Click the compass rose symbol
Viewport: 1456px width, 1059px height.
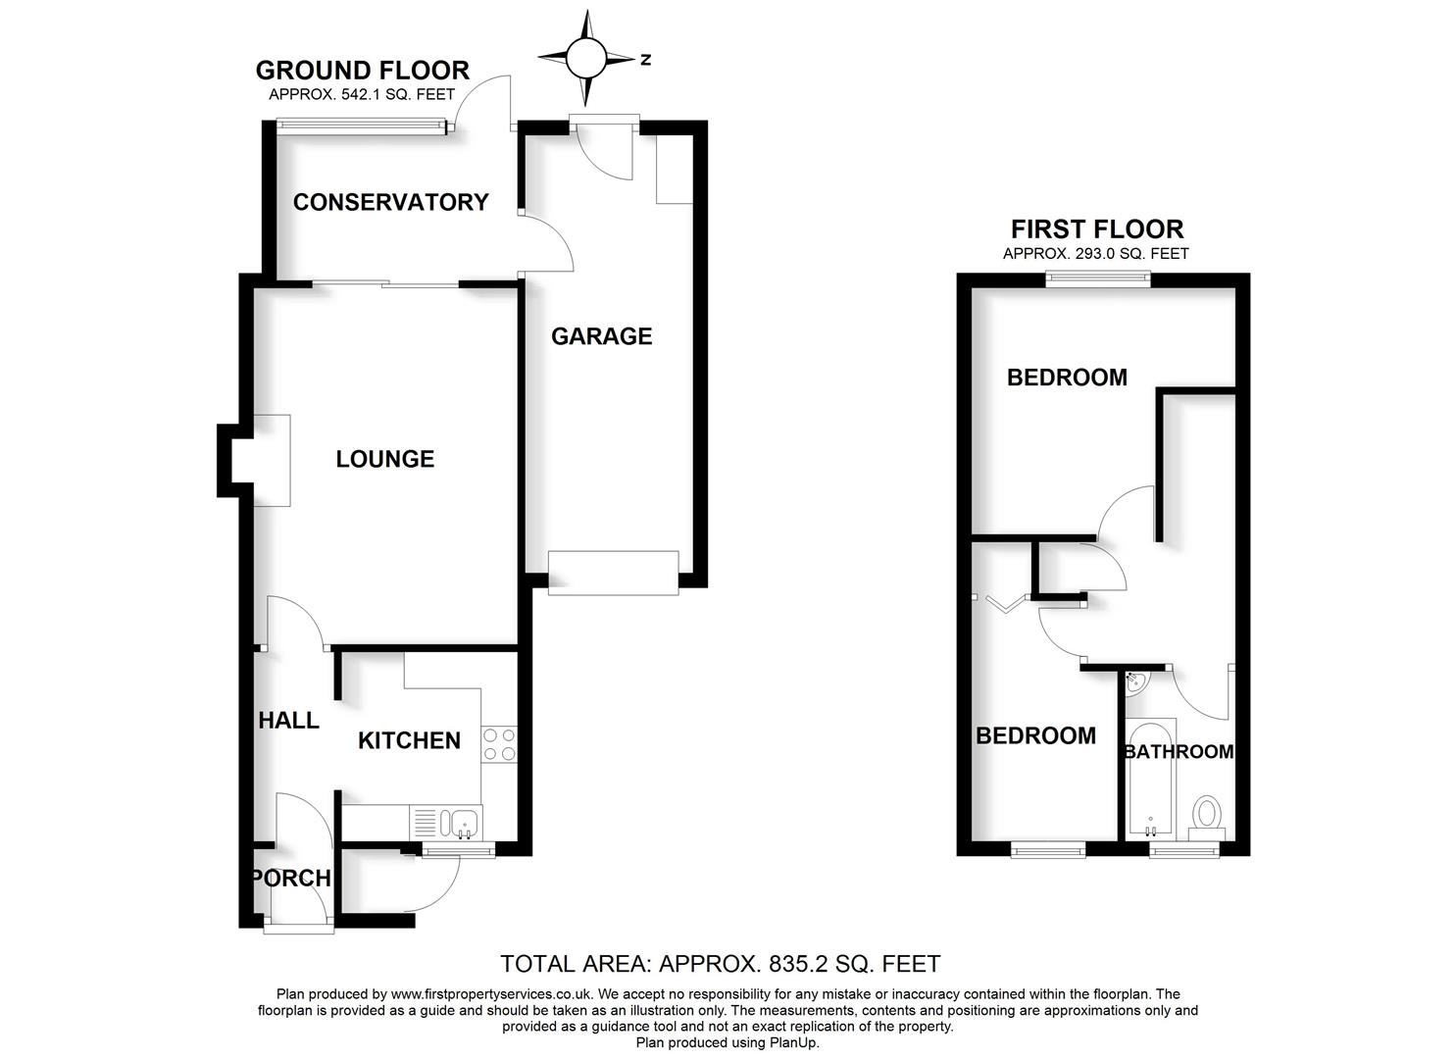tap(586, 58)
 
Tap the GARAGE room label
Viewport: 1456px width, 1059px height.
tap(601, 336)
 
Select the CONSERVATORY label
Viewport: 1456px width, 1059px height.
tap(390, 202)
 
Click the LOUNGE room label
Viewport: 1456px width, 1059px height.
tap(384, 459)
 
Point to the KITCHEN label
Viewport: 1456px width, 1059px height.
tap(409, 740)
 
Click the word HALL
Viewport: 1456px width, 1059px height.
tap(288, 721)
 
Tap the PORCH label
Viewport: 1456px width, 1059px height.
tap(292, 878)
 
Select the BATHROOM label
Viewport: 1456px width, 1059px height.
tap(1178, 752)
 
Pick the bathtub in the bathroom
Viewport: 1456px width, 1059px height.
tap(1150, 780)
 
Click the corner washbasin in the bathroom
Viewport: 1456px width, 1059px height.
tap(1135, 681)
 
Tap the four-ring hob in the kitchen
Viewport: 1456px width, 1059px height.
tap(498, 744)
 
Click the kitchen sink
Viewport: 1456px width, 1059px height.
tap(459, 823)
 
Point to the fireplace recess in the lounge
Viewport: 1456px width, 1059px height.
tap(272, 460)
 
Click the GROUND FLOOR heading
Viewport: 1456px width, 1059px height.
tap(362, 71)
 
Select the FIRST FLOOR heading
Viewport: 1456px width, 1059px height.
tap(1097, 229)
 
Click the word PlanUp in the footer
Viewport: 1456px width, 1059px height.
tap(795, 1042)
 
